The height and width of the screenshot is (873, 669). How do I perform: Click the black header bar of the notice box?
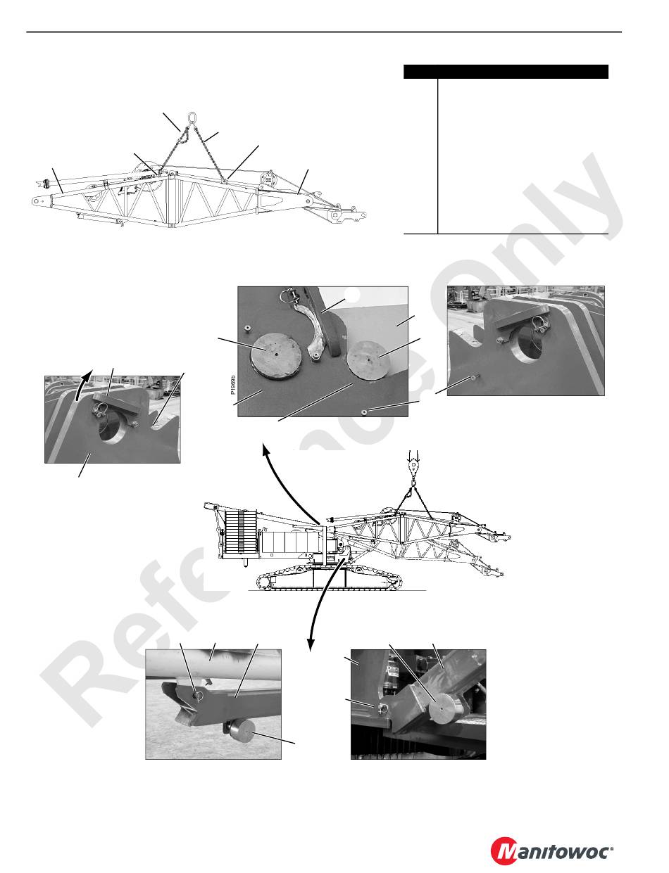[x=506, y=72]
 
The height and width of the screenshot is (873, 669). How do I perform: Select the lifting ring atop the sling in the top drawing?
[x=192, y=118]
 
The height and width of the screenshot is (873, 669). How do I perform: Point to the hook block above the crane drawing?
[x=413, y=467]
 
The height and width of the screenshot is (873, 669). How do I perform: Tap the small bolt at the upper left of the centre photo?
[x=246, y=329]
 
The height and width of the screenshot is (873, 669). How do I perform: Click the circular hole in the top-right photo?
[x=529, y=345]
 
